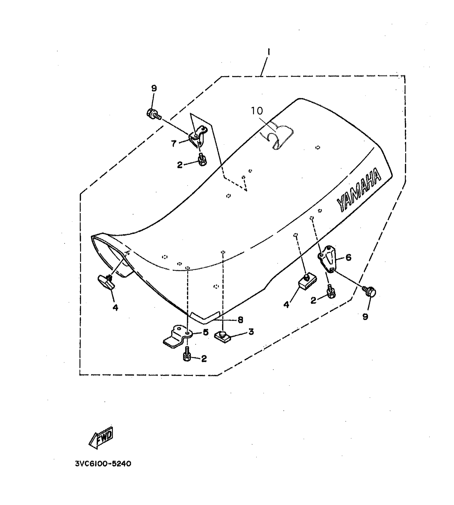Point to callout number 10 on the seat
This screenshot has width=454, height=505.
coord(257,111)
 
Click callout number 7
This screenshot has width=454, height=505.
coord(174,144)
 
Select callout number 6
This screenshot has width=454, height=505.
coord(348,257)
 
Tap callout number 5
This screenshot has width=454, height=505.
coord(205,332)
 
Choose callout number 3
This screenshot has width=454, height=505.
coord(251,332)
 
